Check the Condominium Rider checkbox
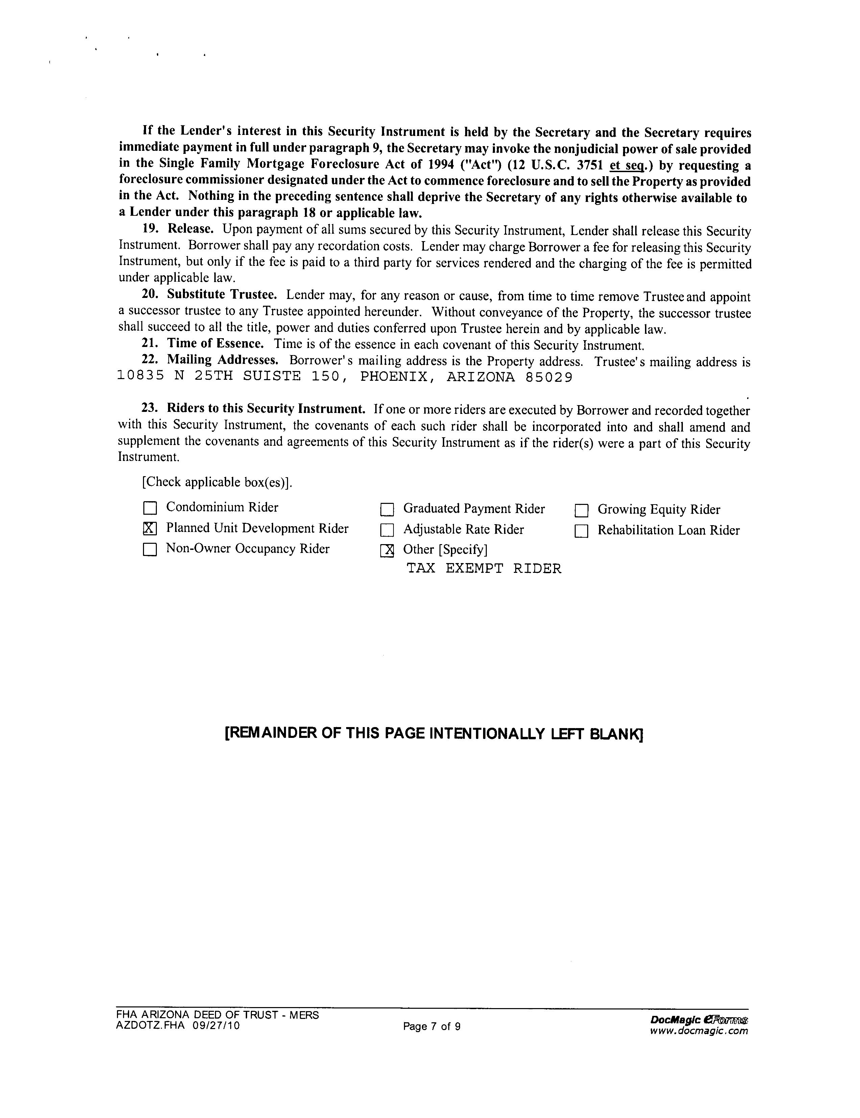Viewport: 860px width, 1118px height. (150, 508)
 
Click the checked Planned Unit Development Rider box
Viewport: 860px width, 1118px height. (149, 528)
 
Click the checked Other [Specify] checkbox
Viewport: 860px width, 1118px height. (387, 550)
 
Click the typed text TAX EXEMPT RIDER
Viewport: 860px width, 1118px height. (483, 569)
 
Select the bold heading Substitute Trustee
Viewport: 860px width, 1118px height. (221, 294)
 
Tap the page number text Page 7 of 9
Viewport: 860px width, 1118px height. (432, 1026)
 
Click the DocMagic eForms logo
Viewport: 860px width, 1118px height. (698, 1019)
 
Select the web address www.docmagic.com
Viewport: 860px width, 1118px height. (698, 1031)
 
